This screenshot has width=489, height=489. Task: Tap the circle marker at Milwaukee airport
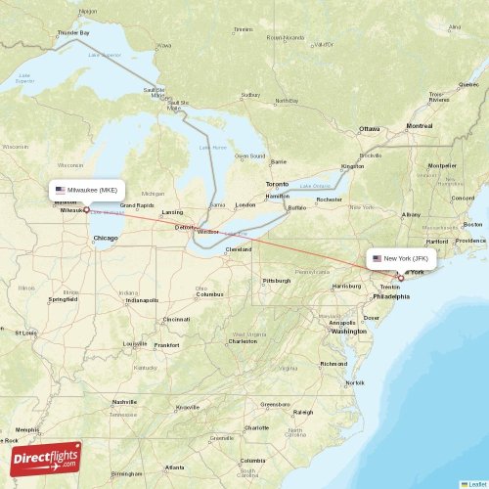click(86, 209)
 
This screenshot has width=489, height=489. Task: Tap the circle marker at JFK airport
click(400, 278)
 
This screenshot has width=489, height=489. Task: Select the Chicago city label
click(105, 238)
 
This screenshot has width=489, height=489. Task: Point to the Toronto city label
click(278, 184)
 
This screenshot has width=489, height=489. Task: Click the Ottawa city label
click(369, 129)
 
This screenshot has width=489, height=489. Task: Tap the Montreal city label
click(420, 126)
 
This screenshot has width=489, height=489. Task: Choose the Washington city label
click(349, 332)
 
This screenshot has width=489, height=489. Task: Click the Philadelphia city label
click(391, 295)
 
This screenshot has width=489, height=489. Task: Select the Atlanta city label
click(179, 468)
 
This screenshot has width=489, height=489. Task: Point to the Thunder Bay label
click(73, 33)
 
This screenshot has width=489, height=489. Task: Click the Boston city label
click(476, 223)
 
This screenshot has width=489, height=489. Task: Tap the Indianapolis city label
click(142, 300)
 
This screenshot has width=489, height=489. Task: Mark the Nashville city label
click(124, 402)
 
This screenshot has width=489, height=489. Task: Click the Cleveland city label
click(239, 249)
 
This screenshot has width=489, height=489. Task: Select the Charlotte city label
click(256, 427)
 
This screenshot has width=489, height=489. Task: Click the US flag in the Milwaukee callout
click(61, 190)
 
